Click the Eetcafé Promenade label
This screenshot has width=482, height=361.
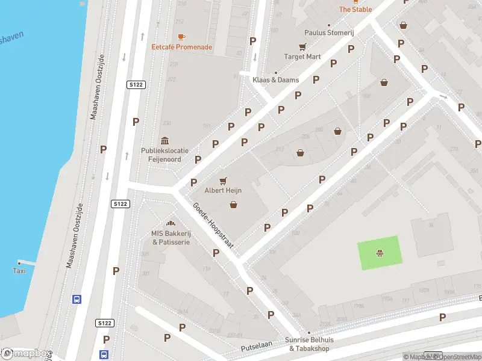coord(181,47)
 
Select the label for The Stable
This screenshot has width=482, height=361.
coord(355,9)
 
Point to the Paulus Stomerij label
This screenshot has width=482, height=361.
coord(328,32)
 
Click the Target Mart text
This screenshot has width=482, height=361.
coord(302,57)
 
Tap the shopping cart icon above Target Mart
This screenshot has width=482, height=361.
coord(302,47)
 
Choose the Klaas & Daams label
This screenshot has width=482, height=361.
coord(276,79)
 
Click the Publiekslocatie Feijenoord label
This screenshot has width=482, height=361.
coord(165,155)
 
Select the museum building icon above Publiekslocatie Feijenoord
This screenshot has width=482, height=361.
coord(165,140)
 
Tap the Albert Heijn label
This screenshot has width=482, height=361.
coord(223,190)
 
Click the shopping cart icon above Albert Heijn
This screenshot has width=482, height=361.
coord(223,180)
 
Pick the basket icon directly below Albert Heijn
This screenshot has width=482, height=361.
coord(233,205)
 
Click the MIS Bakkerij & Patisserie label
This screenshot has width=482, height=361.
coord(171,238)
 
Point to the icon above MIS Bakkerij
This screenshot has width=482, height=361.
coord(171,224)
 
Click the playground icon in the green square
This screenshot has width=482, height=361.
coord(380,253)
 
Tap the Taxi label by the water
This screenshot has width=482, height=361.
coord(19,271)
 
